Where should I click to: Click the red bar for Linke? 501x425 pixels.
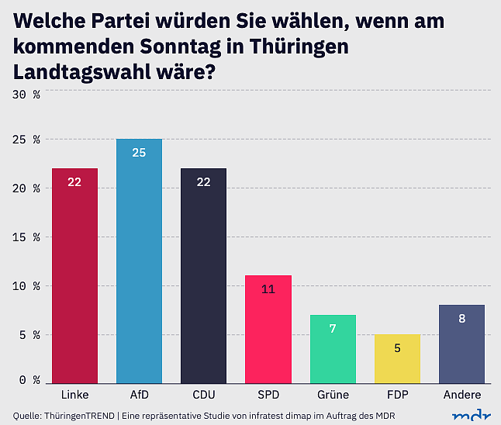74,275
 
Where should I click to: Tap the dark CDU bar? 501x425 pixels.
203,275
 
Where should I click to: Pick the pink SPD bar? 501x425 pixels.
268,329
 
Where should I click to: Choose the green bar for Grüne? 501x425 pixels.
332,349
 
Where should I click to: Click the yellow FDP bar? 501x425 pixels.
396,358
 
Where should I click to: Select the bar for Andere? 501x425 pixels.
461,344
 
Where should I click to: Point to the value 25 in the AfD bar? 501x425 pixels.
139,153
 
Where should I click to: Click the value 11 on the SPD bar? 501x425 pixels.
268,289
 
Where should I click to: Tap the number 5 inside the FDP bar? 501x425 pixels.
396,348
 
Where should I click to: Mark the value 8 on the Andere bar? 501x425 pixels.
461,318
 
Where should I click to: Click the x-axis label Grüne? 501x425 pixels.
332,396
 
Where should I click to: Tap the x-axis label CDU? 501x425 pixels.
203,396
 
